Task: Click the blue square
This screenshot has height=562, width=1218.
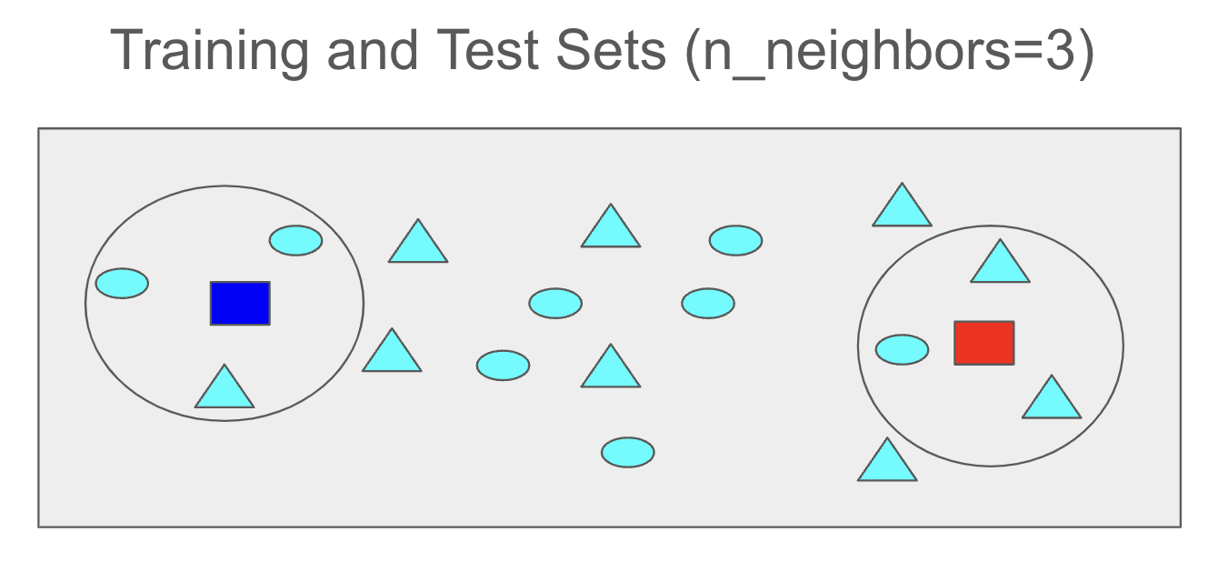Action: tap(240, 303)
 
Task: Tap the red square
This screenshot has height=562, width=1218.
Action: tap(983, 343)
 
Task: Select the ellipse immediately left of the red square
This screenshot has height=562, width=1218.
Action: tap(902, 349)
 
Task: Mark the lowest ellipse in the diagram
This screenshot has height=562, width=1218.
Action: tap(627, 452)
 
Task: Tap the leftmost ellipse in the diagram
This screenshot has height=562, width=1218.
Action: tap(122, 283)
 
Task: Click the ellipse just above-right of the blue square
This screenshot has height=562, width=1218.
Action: tap(295, 240)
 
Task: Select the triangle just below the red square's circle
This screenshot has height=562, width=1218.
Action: tap(887, 463)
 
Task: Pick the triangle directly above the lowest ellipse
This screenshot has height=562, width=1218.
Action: tap(611, 369)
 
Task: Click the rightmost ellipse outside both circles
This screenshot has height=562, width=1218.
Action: tap(735, 240)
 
